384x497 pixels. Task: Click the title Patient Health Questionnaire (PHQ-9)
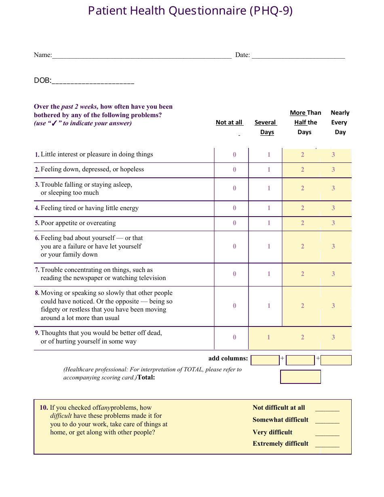coord(190,11)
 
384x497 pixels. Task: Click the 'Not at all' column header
coord(229,122)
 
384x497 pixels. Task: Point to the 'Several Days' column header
coord(266,127)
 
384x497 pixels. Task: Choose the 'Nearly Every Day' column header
coord(340,122)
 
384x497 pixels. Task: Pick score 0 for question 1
coord(234,155)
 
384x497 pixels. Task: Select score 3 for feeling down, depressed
coord(333,170)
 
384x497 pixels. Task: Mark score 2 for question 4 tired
coord(302,208)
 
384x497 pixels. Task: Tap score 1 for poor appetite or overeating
coord(269,223)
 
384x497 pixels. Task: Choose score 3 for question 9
coord(333,337)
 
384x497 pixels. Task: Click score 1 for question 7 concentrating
coord(269,274)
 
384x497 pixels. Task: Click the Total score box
coord(300,377)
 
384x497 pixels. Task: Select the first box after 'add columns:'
coord(265,360)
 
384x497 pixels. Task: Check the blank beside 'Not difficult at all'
coord(327,408)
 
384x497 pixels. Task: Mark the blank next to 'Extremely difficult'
coord(327,444)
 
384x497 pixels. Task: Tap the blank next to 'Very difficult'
coord(327,433)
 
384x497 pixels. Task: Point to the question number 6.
coord(37,238)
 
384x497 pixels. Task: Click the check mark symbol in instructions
coord(54,124)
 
